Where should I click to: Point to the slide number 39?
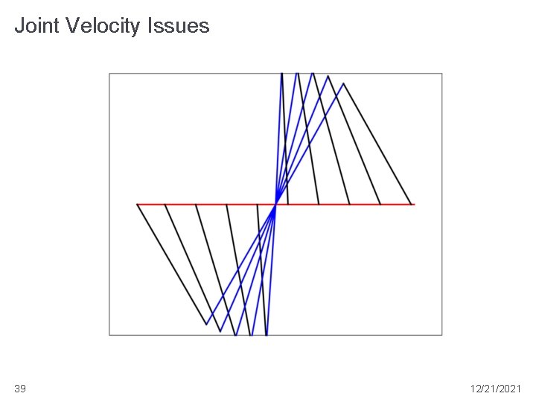(20, 389)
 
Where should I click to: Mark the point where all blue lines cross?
(276, 203)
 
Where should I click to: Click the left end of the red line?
(138, 203)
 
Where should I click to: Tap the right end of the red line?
(414, 203)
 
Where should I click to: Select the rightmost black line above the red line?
(377, 143)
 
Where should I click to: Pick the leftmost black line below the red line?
(171, 264)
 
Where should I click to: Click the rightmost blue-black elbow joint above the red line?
(344, 83)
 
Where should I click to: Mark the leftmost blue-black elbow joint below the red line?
(206, 324)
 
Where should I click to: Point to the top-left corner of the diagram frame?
(109, 73)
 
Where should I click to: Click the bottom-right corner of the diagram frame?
(441, 335)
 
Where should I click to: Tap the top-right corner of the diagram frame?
(441, 73)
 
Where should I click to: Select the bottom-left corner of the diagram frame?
(109, 335)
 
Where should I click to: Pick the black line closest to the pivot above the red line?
(285, 141)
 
